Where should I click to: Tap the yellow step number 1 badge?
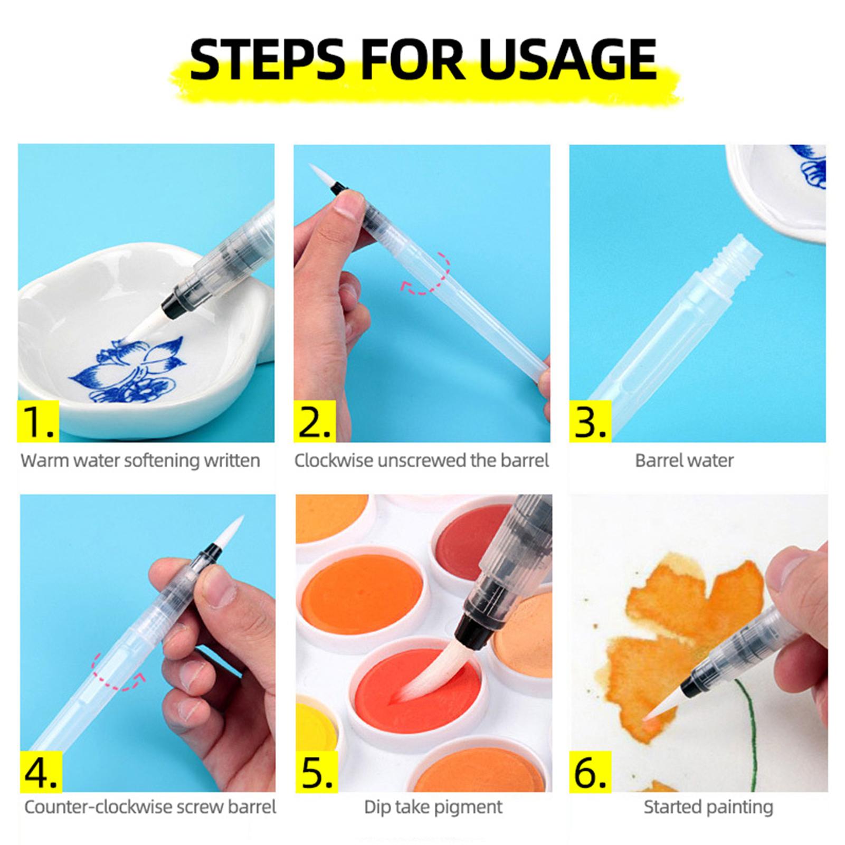[x=38, y=421]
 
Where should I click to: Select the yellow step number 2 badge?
[x=314, y=421]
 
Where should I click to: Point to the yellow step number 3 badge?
[x=590, y=421]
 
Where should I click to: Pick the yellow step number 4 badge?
[x=41, y=771]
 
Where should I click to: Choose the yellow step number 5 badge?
[x=317, y=771]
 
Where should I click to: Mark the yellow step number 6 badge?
[x=591, y=771]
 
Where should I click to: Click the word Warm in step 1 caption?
[x=44, y=461]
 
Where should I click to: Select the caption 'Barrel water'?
[x=684, y=461]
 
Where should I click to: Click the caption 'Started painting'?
[x=708, y=808]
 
